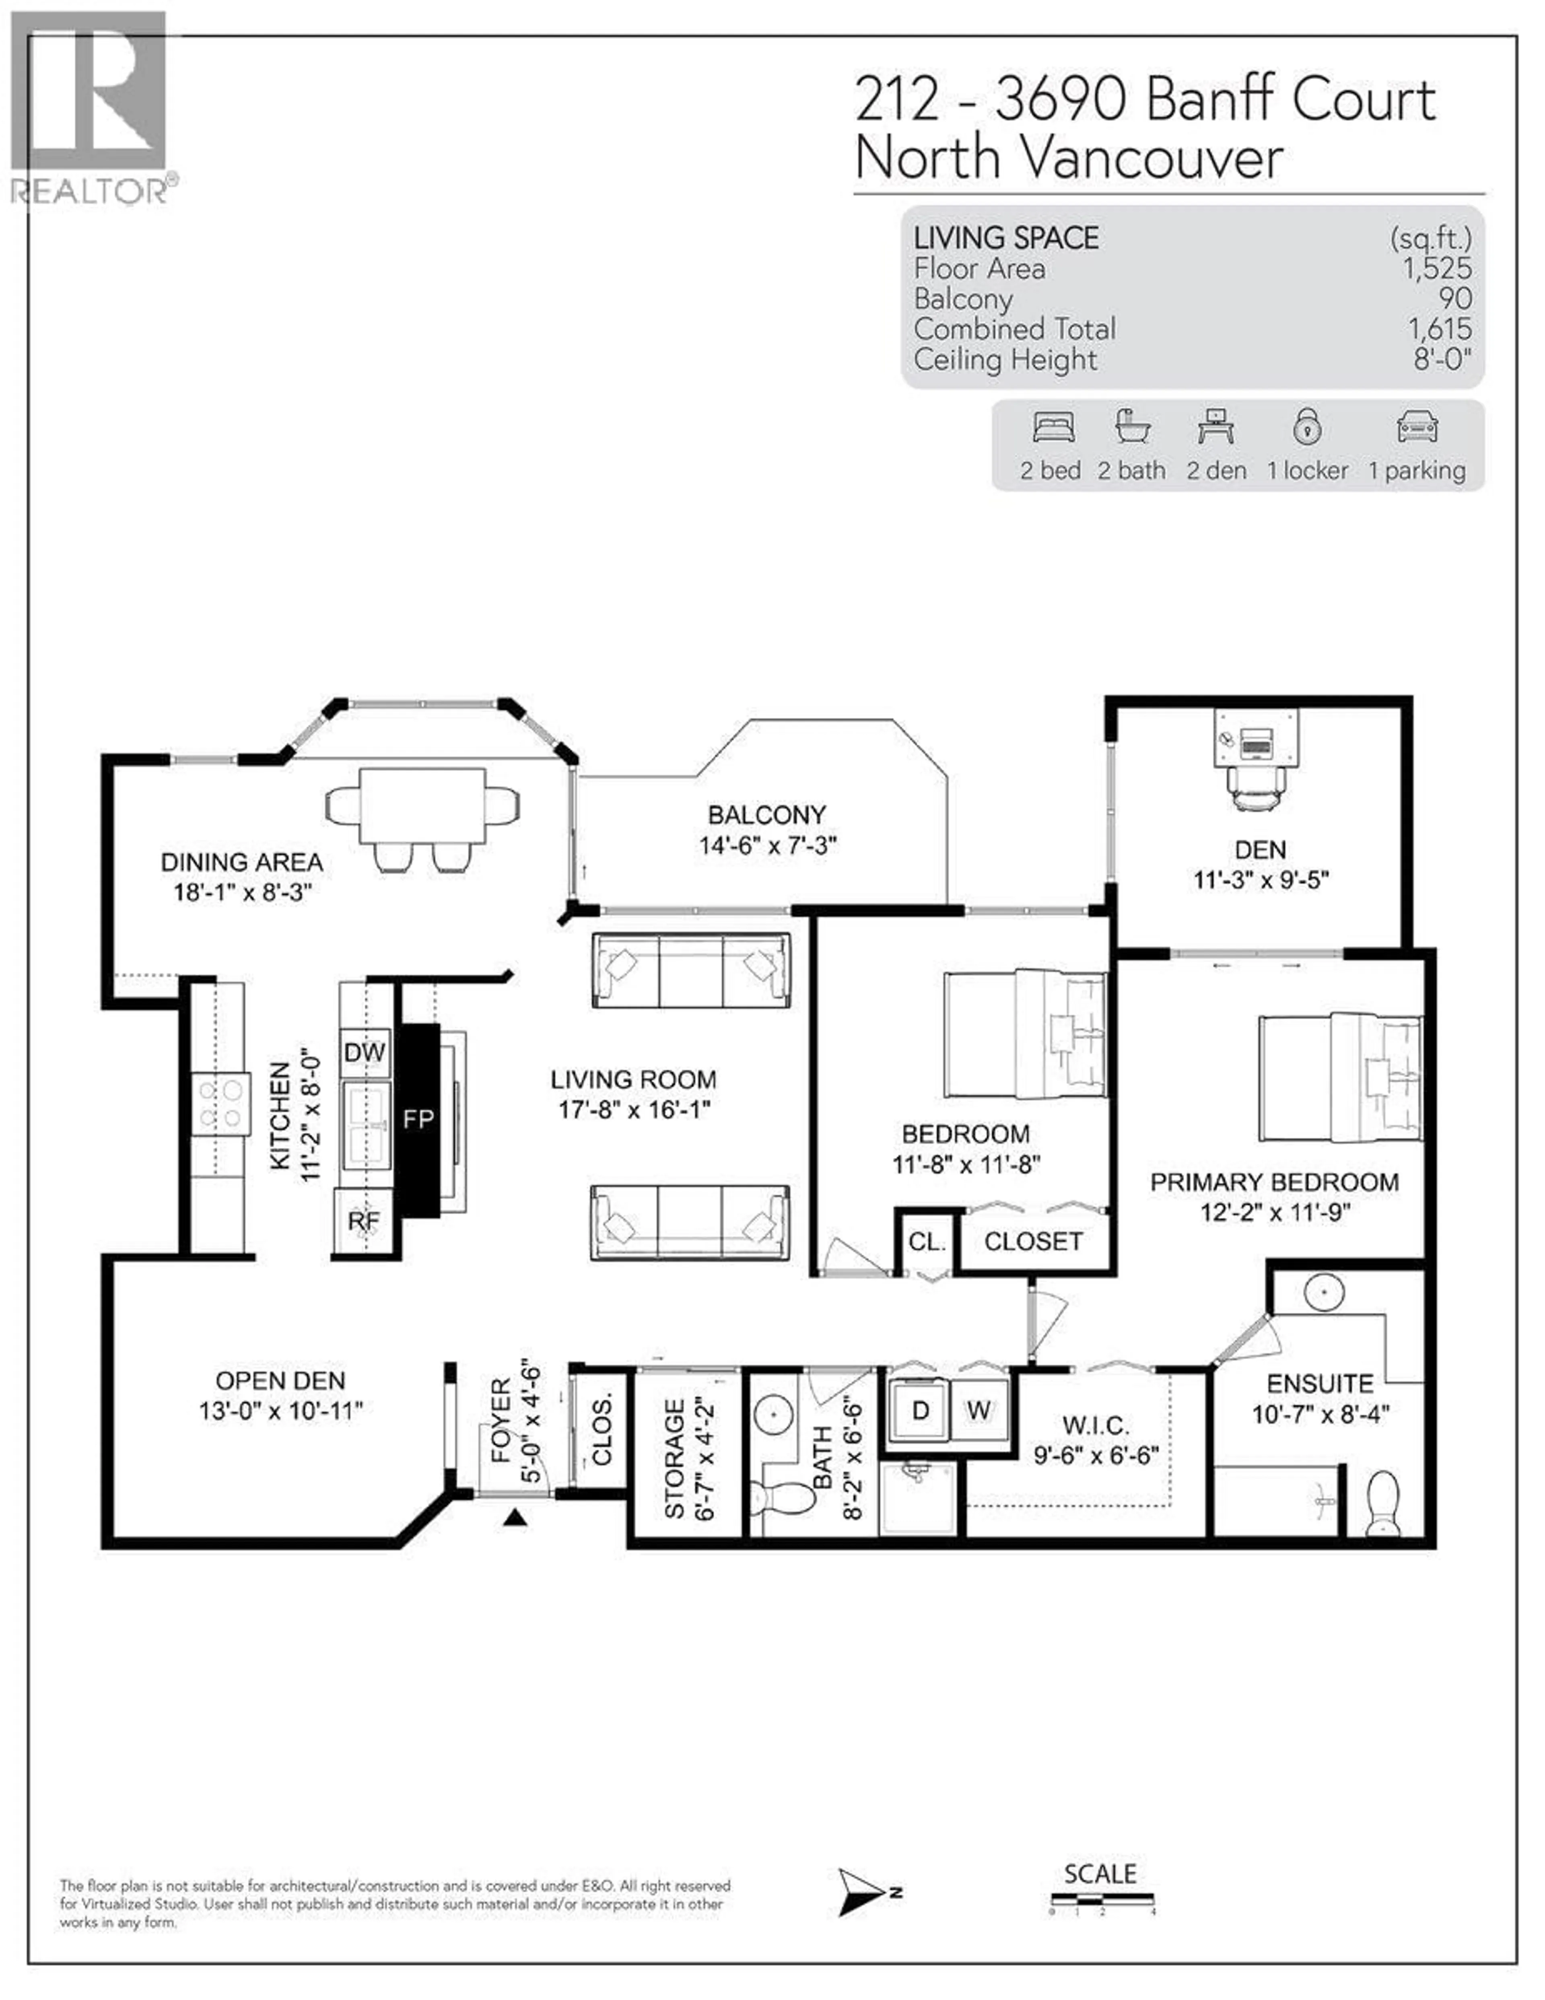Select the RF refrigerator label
(x=364, y=1221)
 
